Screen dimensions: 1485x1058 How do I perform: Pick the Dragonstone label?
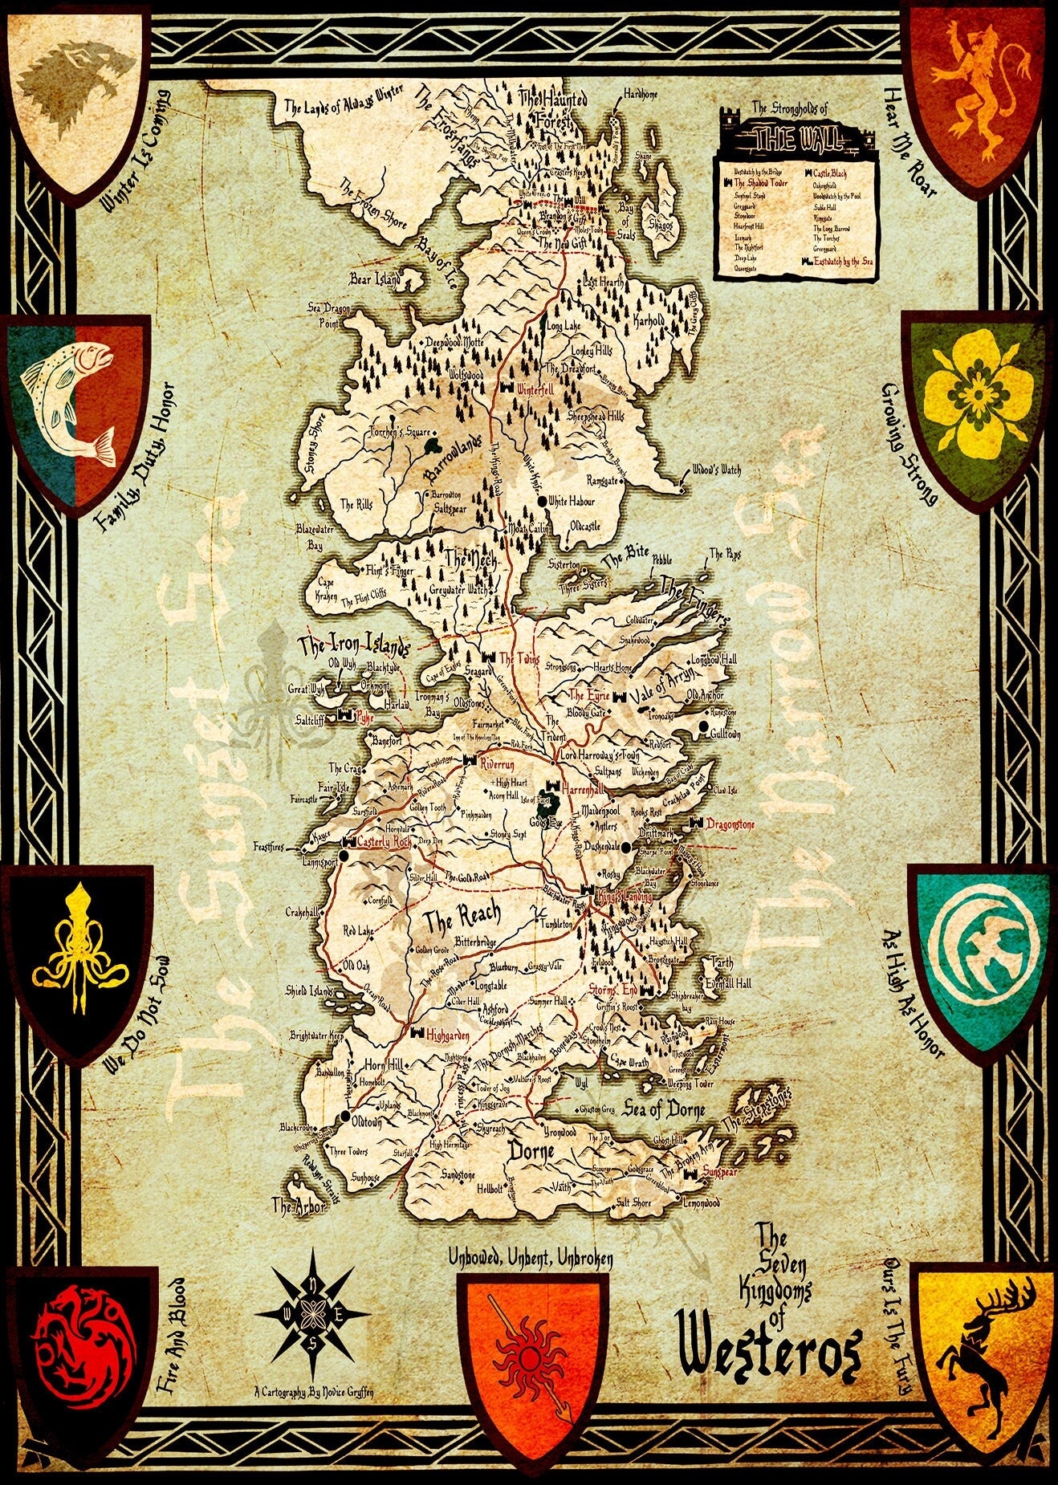(x=730, y=824)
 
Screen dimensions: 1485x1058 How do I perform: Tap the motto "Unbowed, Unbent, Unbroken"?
(x=531, y=1259)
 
